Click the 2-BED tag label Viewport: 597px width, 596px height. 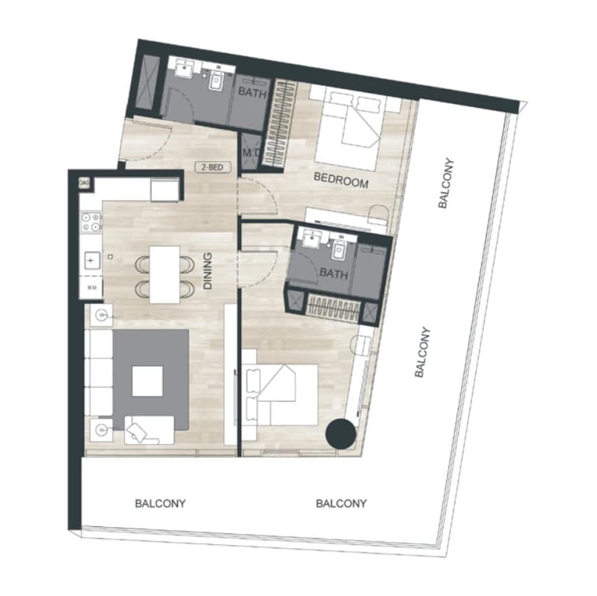[x=212, y=167]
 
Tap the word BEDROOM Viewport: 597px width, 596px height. [x=341, y=180]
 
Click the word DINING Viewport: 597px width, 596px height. [x=207, y=271]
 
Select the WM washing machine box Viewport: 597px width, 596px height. [x=91, y=287]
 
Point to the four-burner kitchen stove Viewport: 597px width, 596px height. [x=91, y=222]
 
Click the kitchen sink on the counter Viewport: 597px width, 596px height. [x=92, y=261]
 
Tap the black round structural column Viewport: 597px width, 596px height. [x=340, y=434]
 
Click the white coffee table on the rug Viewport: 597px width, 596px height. [x=147, y=381]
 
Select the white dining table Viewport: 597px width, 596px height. [x=165, y=275]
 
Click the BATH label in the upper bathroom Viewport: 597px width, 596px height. [x=252, y=93]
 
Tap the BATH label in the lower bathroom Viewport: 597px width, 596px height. [x=334, y=273]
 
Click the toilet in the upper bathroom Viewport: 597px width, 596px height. [x=216, y=81]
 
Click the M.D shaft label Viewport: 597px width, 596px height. [x=251, y=153]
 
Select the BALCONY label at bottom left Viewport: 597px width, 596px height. [x=160, y=504]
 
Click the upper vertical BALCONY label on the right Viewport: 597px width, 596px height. [x=446, y=183]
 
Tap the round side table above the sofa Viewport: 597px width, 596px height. [x=101, y=314]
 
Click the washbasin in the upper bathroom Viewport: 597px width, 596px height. [x=186, y=70]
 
